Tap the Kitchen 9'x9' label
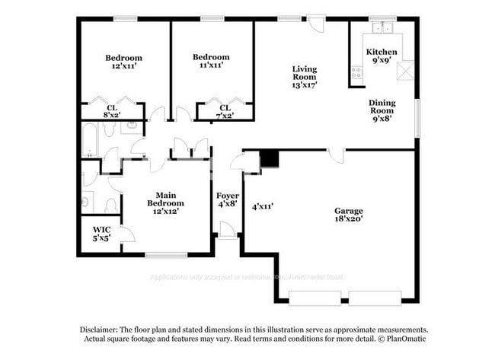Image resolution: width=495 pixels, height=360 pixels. coord(382,56)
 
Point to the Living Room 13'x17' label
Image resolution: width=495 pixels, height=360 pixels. coord(304,78)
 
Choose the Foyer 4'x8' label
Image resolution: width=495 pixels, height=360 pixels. coord(227,199)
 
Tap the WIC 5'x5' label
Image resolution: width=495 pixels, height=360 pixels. coord(101,234)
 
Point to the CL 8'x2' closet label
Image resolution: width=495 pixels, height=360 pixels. coord(111,112)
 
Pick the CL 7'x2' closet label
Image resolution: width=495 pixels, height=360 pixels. coord(224,112)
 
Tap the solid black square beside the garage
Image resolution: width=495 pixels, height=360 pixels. coord(269,158)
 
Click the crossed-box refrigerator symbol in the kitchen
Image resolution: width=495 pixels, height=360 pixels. coord(406,71)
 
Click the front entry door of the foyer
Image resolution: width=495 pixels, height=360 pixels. coord(226,230)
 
